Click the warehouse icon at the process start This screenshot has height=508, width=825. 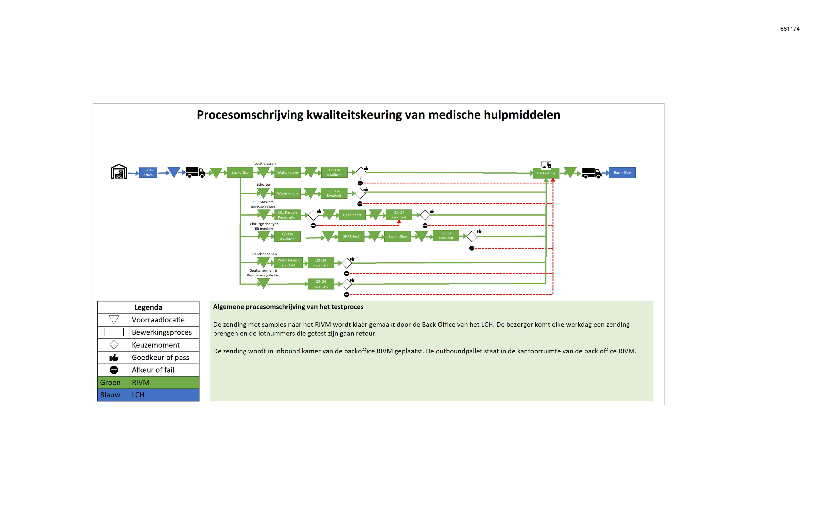tap(119, 171)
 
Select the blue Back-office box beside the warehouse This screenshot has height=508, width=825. tap(148, 173)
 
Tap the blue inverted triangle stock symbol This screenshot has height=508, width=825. tap(174, 172)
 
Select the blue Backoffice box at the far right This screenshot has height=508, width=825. tap(622, 173)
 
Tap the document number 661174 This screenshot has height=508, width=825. tap(790, 29)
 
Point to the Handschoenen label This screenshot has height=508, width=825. tap(265, 254)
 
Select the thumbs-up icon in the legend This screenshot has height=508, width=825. tap(114, 357)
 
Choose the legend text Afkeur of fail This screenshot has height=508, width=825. tap(153, 370)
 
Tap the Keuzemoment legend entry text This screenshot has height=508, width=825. tap(156, 345)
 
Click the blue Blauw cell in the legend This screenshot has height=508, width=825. tap(113, 395)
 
